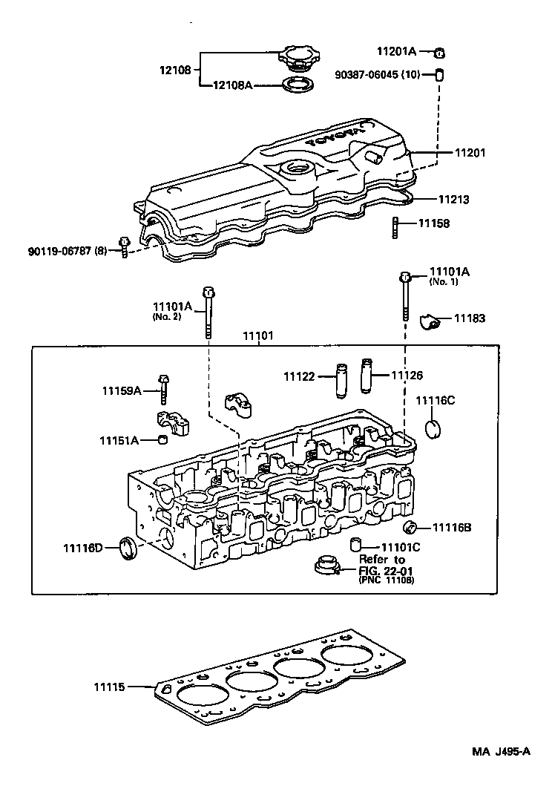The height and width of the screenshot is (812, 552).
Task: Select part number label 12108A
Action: pyautogui.click(x=233, y=85)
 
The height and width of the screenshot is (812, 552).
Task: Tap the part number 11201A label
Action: pyautogui.click(x=397, y=51)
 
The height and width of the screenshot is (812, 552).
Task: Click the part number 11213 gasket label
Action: pyautogui.click(x=453, y=200)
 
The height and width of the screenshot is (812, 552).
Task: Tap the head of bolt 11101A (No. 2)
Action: pyautogui.click(x=207, y=291)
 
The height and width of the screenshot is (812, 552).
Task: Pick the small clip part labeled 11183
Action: pyautogui.click(x=429, y=321)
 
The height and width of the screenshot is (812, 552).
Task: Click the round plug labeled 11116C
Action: pyautogui.click(x=434, y=429)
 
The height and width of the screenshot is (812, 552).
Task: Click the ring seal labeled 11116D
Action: pyautogui.click(x=129, y=550)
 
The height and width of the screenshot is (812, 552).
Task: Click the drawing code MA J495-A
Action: pyautogui.click(x=500, y=750)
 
